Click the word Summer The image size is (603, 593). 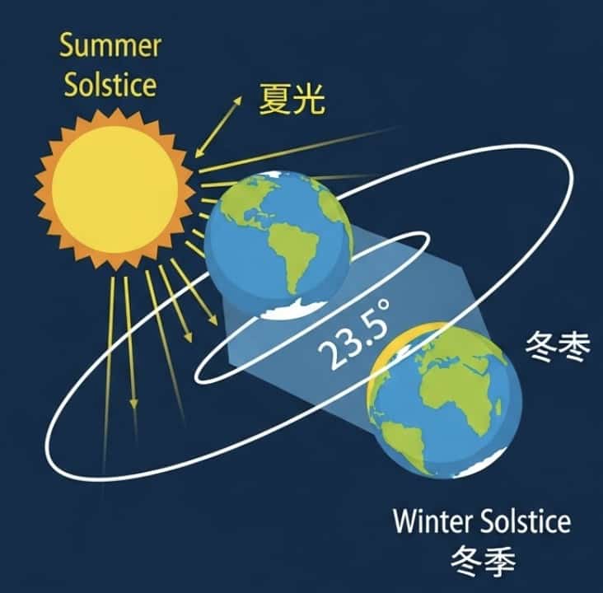pyautogui.click(x=110, y=46)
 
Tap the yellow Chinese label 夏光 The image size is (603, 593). pyautogui.click(x=292, y=99)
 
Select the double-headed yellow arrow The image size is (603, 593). pyautogui.click(x=219, y=127)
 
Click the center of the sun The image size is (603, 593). pyautogui.click(x=115, y=189)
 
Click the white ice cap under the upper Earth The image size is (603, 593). pyautogui.click(x=293, y=310)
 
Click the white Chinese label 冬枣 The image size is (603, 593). pyautogui.click(x=557, y=346)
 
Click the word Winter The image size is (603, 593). pyautogui.click(x=433, y=521)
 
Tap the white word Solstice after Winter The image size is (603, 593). pyautogui.click(x=526, y=521)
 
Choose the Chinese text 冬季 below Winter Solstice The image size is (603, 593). pyautogui.click(x=483, y=562)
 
